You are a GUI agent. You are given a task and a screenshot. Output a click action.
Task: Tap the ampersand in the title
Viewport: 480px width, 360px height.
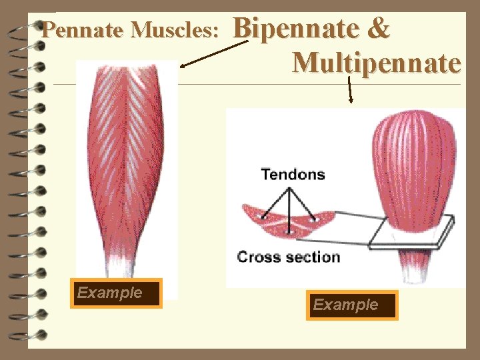click(x=378, y=29)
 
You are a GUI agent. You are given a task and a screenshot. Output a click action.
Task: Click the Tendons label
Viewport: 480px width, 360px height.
click(x=293, y=175)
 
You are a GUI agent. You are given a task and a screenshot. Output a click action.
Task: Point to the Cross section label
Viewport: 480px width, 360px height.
click(x=288, y=257)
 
